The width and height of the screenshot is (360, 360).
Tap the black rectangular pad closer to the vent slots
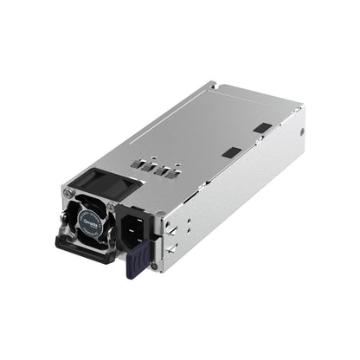coord(229,151)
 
